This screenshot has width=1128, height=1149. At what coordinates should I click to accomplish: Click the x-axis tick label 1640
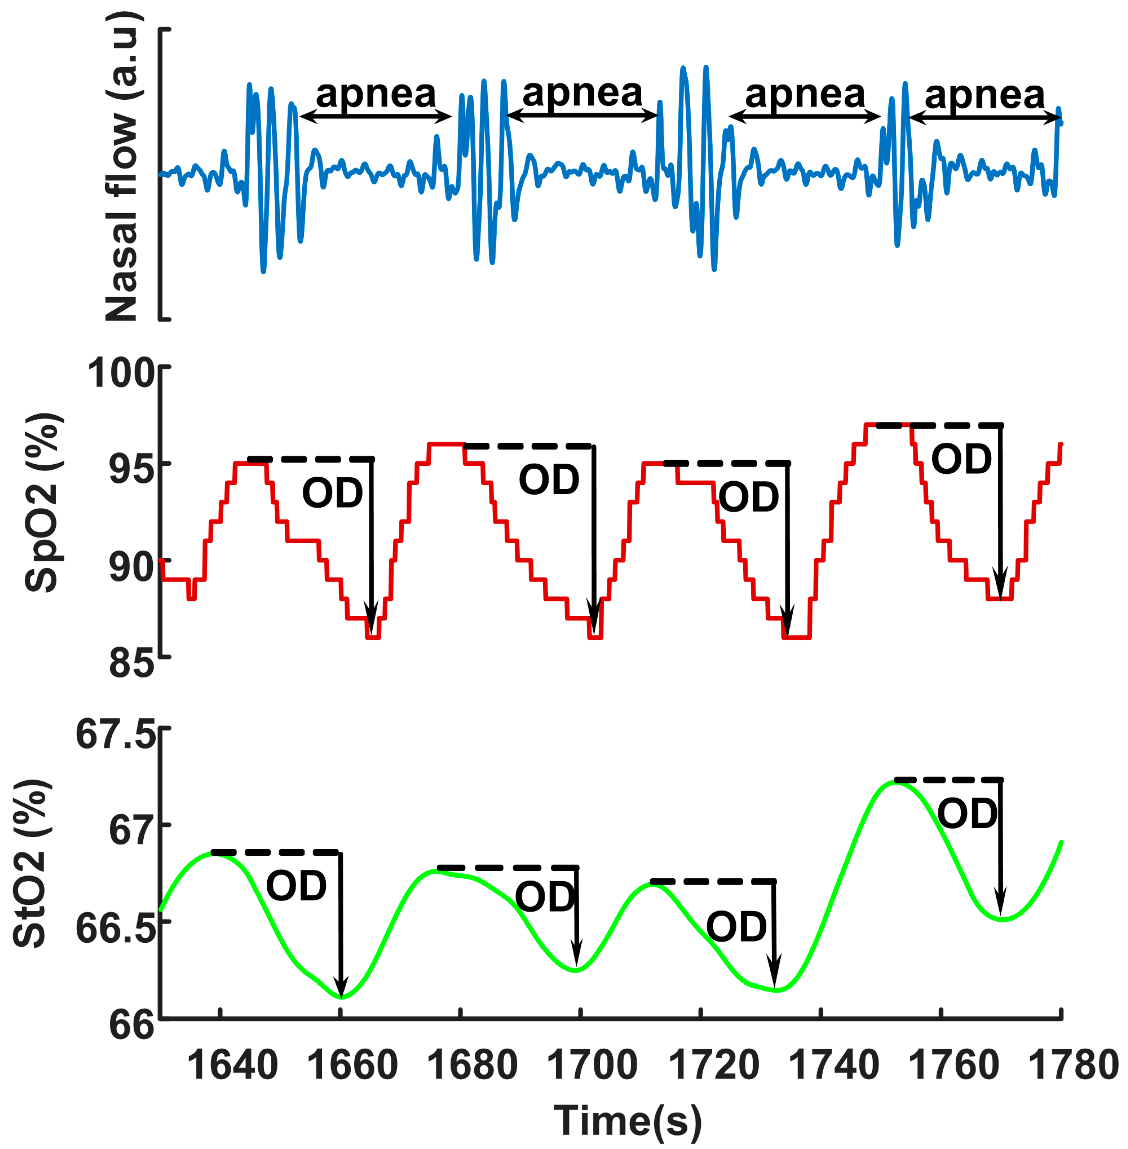232,1065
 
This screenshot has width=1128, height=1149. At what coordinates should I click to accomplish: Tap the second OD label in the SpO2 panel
549,480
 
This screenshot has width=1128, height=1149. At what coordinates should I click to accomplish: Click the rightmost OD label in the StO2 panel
967,814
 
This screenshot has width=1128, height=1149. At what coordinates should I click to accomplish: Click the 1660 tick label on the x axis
352,1065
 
